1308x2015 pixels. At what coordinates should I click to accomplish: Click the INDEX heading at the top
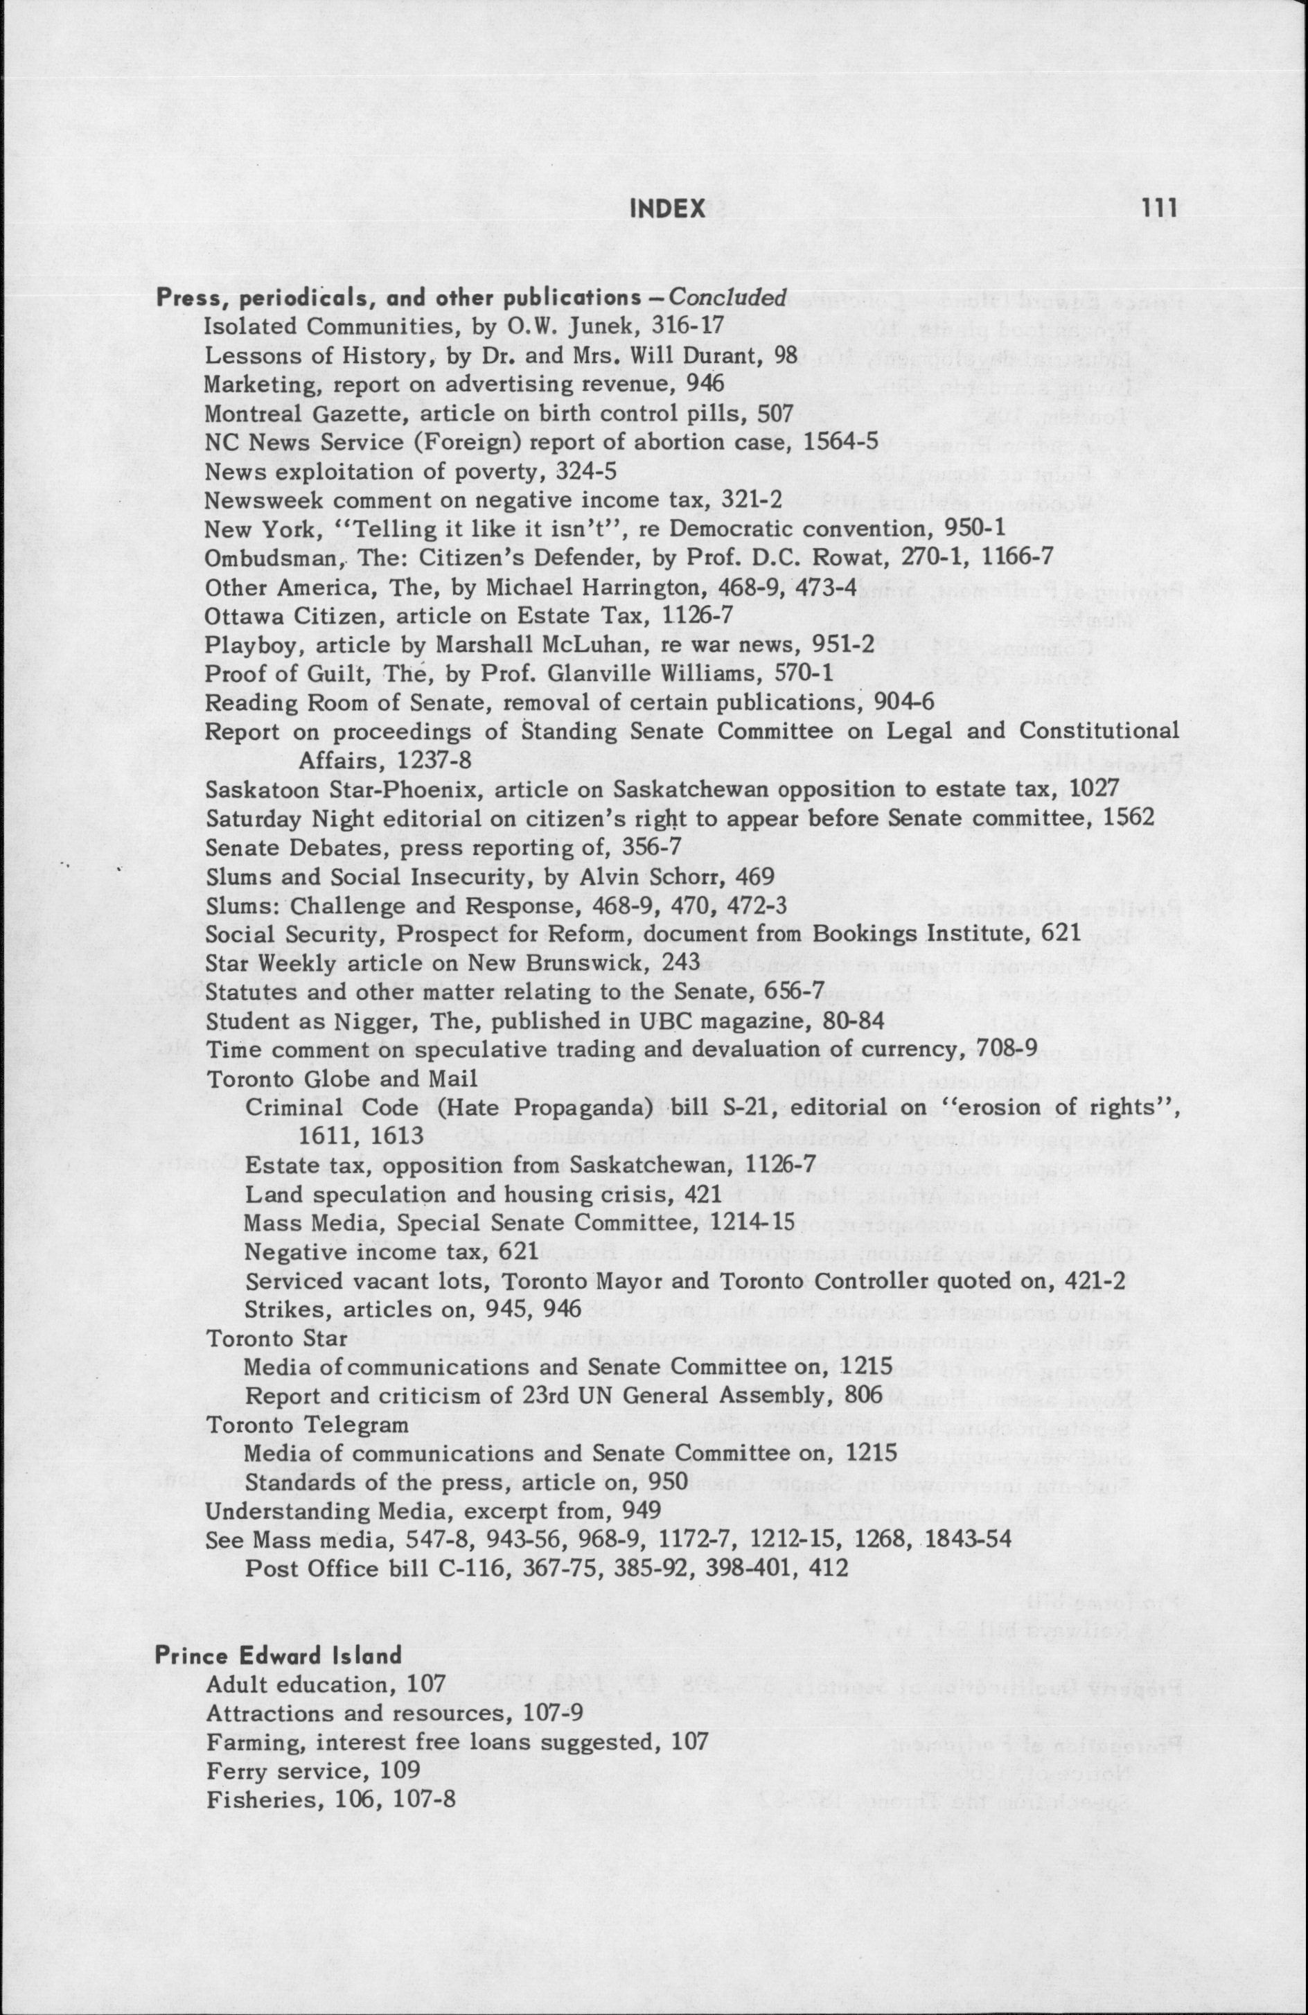tap(669, 209)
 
